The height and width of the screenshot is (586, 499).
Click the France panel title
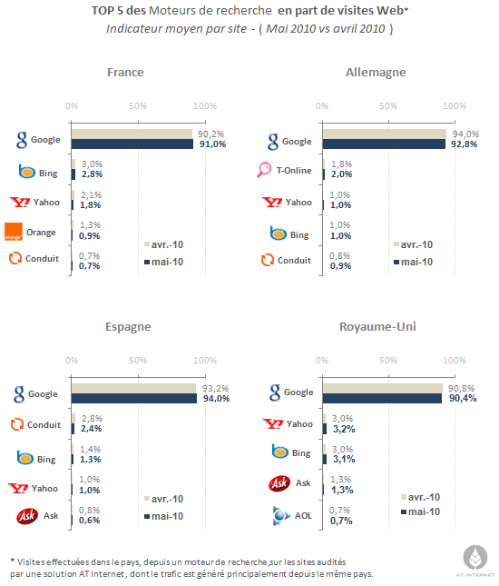[x=125, y=72]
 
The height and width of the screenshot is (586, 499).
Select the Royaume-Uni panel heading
[x=377, y=327]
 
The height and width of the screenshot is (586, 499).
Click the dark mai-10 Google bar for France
[x=132, y=144]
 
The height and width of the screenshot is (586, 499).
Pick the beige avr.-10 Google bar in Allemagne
[x=385, y=134]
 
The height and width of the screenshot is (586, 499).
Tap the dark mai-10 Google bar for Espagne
[x=134, y=399]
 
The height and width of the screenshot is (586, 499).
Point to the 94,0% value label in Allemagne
[x=465, y=134]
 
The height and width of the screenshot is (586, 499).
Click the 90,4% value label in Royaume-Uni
[x=463, y=399]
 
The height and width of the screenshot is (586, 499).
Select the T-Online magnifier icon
[x=264, y=170]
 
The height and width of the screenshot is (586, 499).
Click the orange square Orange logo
[x=14, y=232]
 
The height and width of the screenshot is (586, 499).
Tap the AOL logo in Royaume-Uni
[x=281, y=516]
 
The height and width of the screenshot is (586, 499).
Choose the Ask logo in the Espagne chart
[x=27, y=516]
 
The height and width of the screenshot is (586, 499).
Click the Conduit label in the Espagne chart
[x=44, y=425]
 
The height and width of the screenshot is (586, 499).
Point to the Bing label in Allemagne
[x=299, y=235]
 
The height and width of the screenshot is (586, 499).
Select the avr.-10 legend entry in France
[x=164, y=244]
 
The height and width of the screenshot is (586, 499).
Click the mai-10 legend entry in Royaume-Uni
[x=420, y=512]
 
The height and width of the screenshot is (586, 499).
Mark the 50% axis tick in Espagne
[x=138, y=361]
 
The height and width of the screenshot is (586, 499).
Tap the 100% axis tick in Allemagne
[x=455, y=106]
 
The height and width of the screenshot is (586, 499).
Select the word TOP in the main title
[x=103, y=11]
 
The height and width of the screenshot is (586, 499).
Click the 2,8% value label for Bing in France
[x=93, y=174]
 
